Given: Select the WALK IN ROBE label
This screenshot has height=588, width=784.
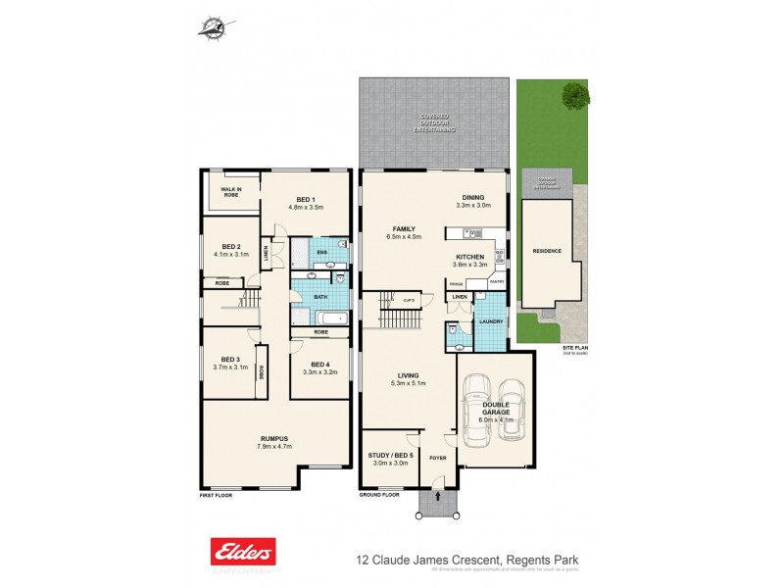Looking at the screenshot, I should pyautogui.click(x=231, y=192).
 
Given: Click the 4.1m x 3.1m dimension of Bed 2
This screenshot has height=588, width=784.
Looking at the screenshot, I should pyautogui.click(x=231, y=255).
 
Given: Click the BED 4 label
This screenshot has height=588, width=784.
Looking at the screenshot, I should pyautogui.click(x=319, y=363).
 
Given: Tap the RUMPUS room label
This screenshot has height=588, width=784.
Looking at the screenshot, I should pyautogui.click(x=273, y=438).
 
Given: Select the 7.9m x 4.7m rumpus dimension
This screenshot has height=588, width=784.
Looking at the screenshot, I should pyautogui.click(x=273, y=447).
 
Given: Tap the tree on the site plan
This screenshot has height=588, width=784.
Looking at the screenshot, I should pyautogui.click(x=576, y=95).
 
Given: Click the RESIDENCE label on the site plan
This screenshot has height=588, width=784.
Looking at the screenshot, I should pyautogui.click(x=547, y=251).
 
